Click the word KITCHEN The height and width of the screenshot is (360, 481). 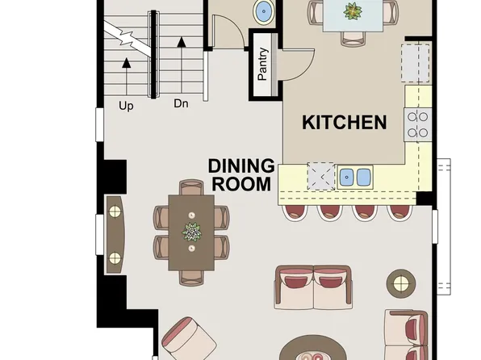tap(344, 123)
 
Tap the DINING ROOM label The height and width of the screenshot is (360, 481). tap(240, 174)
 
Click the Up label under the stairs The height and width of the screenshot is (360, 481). tap(126, 104)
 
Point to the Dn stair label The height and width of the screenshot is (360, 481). tap(181, 104)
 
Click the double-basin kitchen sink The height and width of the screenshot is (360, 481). tap(355, 176)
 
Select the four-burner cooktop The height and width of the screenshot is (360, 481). tap(417, 124)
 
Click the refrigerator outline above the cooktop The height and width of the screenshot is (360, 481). tap(416, 62)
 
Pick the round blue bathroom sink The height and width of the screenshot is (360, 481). tap(263, 12)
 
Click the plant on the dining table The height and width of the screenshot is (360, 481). tap(192, 232)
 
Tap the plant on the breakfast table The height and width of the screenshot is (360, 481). tap(353, 11)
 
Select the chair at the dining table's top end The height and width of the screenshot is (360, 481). tap(192, 189)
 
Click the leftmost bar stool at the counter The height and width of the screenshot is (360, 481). tap(294, 211)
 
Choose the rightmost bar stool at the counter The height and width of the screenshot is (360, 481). tap(399, 211)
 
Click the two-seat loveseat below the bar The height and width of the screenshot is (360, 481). tap(313, 287)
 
